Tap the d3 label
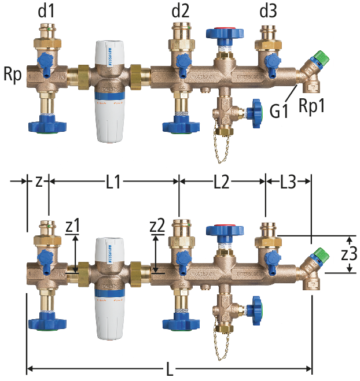click(x=266, y=10)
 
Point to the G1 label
click(x=279, y=109)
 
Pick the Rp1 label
click(x=311, y=106)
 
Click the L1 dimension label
click(x=113, y=183)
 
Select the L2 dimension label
click(x=221, y=183)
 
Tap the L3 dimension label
click(x=288, y=183)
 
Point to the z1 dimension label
click(x=74, y=226)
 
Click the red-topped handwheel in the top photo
click(x=222, y=32)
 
